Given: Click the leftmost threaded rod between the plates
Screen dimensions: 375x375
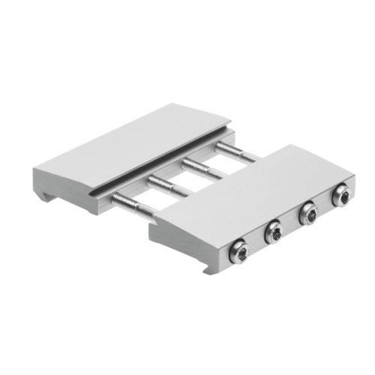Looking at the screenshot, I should (135, 207).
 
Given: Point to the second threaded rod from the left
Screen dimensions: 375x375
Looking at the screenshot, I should (169, 186).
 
